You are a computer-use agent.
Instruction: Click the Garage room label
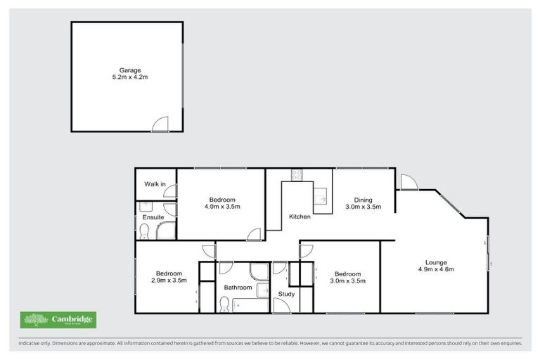[x=130, y=70]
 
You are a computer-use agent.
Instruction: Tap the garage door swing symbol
[x=161, y=124]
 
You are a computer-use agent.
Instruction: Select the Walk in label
[x=155, y=184]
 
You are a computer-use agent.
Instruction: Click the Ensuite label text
[x=153, y=217]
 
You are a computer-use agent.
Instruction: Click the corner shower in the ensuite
[x=166, y=230]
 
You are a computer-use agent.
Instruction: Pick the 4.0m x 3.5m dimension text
[x=222, y=207]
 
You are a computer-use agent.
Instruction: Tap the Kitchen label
[x=300, y=217]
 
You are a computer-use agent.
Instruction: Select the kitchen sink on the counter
[x=321, y=194]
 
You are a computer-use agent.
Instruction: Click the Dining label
[x=363, y=200]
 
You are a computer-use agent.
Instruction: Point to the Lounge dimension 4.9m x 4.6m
[x=436, y=269]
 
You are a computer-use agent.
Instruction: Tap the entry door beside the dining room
[x=408, y=182]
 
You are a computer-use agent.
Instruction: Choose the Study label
[x=286, y=294]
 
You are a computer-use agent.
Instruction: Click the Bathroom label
[x=238, y=288]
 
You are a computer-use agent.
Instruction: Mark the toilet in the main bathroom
[x=224, y=303]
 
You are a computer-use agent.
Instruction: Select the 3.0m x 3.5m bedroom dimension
[x=347, y=281]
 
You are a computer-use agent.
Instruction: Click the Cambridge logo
[x=58, y=321]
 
